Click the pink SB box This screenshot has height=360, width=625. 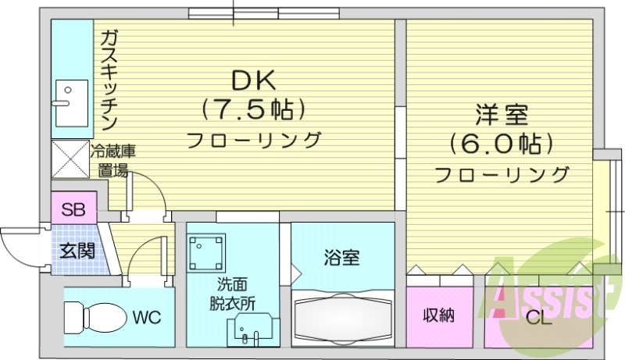(73, 209)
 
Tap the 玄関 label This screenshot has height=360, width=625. (77, 251)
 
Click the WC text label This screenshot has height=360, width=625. (146, 318)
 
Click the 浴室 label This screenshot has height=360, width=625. (341, 256)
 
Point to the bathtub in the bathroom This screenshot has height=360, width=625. (342, 319)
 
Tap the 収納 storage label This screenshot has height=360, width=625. (439, 316)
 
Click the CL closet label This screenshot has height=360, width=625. (538, 319)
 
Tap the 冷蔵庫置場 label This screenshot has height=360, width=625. (113, 161)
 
